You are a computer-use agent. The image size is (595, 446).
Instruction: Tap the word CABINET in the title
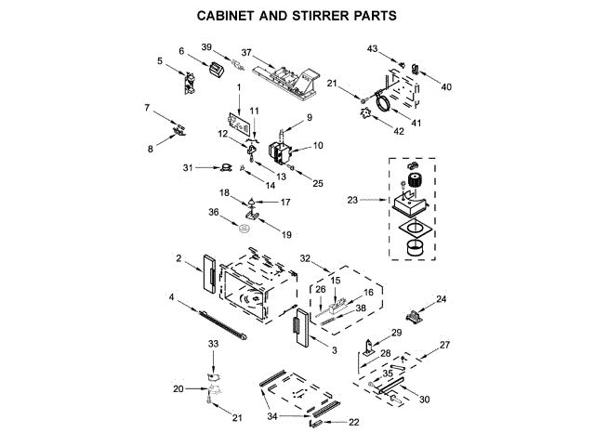pyautogui.click(x=229, y=16)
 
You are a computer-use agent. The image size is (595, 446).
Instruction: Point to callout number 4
pyautogui.click(x=172, y=297)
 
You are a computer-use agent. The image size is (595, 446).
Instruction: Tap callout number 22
pyautogui.click(x=353, y=423)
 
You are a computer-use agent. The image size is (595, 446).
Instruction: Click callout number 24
pyautogui.click(x=442, y=299)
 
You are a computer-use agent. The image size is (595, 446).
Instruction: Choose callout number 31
pyautogui.click(x=188, y=168)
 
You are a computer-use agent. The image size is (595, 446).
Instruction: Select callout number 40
pyautogui.click(x=446, y=86)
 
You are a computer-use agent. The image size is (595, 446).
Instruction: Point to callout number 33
pyautogui.click(x=213, y=344)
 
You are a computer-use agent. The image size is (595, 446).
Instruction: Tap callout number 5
pyautogui.click(x=160, y=61)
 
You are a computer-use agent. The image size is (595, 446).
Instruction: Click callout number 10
pyautogui.click(x=317, y=145)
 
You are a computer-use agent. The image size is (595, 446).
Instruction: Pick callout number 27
pyautogui.click(x=444, y=346)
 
